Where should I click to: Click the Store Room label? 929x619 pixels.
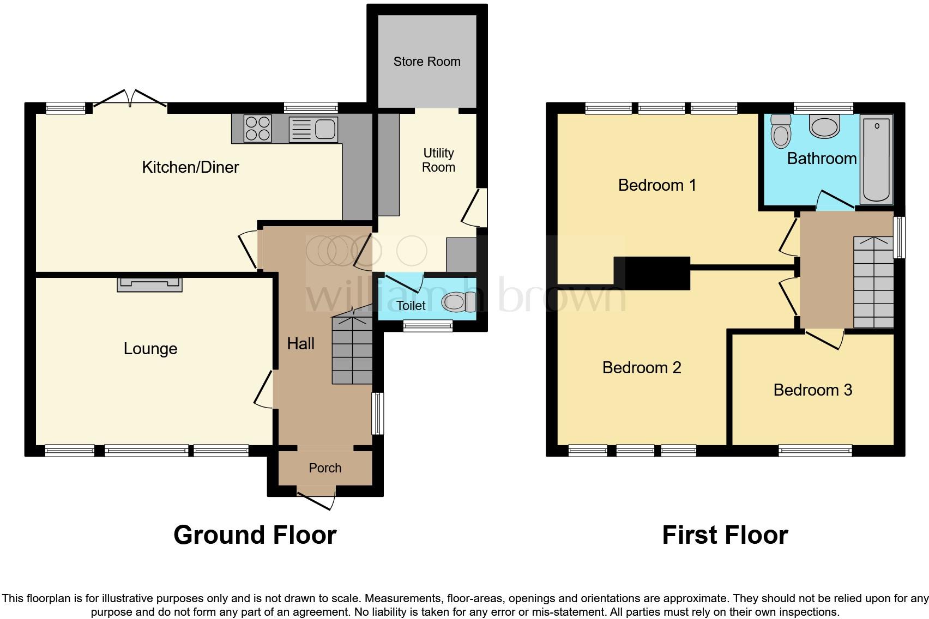pos(427,62)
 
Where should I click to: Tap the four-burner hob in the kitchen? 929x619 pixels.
pos(258,129)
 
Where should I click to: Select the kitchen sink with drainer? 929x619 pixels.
pos(313,129)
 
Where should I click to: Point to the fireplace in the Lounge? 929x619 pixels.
pos(149,283)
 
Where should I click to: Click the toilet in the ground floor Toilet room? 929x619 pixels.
pos(455,302)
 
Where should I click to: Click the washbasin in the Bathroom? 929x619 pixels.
pos(824,126)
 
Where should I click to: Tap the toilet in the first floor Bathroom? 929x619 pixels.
pos(781,131)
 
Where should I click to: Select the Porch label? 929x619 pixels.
pos(325,468)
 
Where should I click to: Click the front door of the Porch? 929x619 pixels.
pos(317,499)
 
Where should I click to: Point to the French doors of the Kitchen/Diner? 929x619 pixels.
pos(130,101)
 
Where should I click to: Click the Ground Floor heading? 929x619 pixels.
pos(255,535)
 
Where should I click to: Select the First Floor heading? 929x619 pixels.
pos(725,535)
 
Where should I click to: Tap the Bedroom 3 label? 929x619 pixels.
pos(812,390)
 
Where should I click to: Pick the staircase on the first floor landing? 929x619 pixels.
pos(873,282)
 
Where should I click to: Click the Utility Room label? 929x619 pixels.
pos(438,160)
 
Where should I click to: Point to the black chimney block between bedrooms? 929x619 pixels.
pos(653,273)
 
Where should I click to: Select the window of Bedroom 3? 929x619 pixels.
pos(815,451)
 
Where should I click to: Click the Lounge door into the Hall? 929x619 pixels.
pos(265,389)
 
